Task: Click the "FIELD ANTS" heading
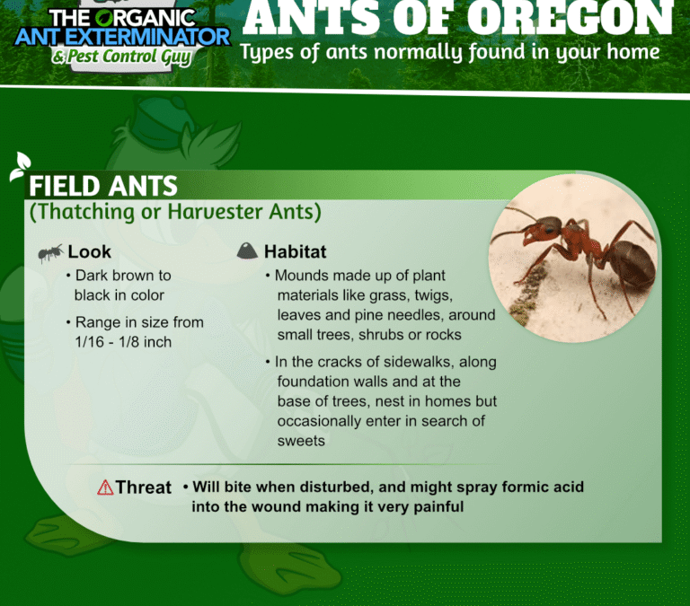103,186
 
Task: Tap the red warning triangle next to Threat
105,487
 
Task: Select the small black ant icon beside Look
50,252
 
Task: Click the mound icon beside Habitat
247,250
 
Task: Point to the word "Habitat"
295,252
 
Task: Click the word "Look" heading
89,252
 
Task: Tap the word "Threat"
144,487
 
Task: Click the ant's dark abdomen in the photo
631,265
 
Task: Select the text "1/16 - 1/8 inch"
123,342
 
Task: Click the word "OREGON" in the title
570,18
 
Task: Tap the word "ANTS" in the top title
312,18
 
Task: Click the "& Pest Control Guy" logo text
121,57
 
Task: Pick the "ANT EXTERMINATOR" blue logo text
122,38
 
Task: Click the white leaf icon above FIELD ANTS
21,166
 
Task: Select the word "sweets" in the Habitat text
301,441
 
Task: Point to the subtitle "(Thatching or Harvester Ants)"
175,212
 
